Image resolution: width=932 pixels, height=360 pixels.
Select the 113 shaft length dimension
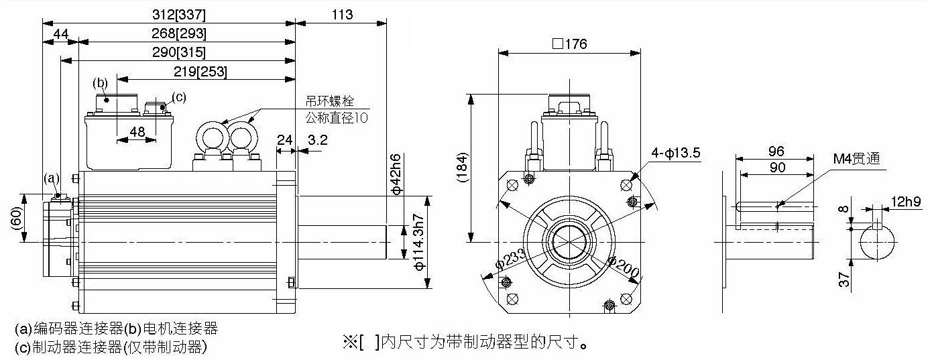pyautogui.click(x=341, y=15)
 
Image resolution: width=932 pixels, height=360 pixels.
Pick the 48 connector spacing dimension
pyautogui.click(x=137, y=132)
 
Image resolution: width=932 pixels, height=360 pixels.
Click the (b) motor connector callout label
pyautogui.click(x=100, y=83)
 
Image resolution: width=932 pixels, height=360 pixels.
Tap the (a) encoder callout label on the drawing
pyautogui.click(x=52, y=178)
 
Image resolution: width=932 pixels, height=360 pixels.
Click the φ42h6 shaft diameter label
pyautogui.click(x=395, y=174)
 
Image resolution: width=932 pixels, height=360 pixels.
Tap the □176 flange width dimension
pyautogui.click(x=569, y=44)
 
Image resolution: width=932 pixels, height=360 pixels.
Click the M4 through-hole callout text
pyautogui.click(x=856, y=159)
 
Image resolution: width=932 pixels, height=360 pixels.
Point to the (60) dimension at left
pyautogui.click(x=15, y=219)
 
